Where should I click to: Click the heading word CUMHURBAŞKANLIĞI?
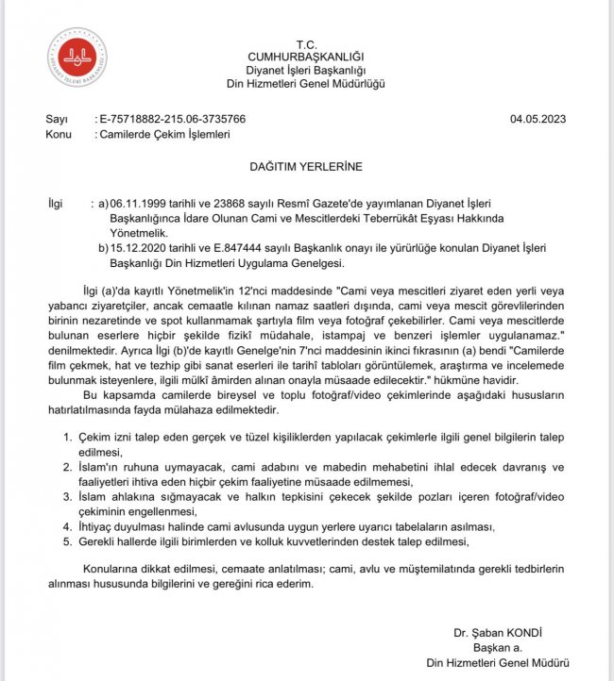coord(306,58)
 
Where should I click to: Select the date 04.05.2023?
coord(538,120)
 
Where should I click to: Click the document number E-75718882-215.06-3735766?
coord(173,120)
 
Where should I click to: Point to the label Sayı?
coord(58,120)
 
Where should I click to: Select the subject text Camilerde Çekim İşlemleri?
coord(163,135)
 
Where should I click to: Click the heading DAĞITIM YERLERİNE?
coord(306,166)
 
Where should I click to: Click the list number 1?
coord(66,439)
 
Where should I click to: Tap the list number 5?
coord(66,541)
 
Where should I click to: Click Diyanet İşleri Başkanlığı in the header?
coord(306,71)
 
